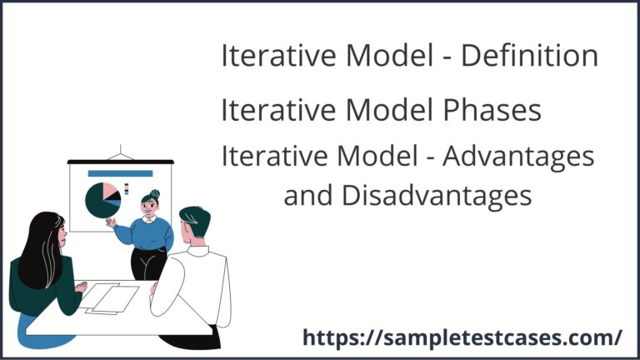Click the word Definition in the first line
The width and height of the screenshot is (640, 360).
(530, 56)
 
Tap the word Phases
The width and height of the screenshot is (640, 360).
(492, 109)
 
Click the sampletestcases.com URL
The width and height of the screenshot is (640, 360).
(462, 337)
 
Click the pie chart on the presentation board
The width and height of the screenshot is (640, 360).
(102, 199)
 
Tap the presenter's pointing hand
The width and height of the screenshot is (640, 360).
(109, 222)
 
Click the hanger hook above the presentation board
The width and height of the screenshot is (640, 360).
(121, 152)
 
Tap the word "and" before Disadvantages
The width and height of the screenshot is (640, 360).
(306, 195)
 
